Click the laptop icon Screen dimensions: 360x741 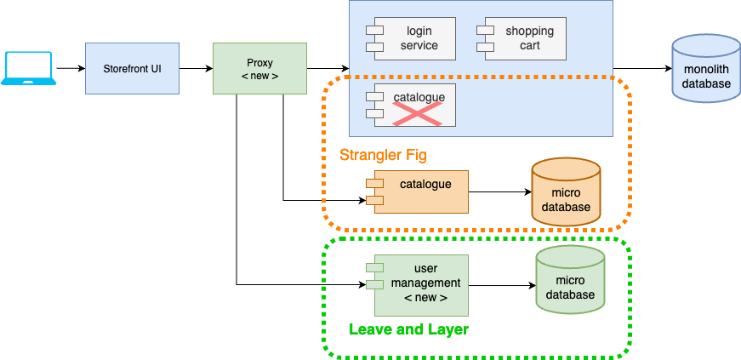[29, 68]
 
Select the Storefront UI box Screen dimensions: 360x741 [132, 68]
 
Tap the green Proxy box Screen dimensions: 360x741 [259, 68]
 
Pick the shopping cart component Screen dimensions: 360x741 [525, 38]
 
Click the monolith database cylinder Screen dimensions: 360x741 [706, 69]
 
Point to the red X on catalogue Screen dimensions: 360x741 [418, 112]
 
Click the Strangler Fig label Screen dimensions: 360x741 [383, 155]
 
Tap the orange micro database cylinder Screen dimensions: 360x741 [566, 192]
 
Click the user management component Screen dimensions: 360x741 [422, 283]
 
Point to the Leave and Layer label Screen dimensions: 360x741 [408, 329]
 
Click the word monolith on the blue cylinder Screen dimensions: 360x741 [706, 71]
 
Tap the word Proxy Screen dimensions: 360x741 [259, 62]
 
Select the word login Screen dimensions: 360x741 [419, 31]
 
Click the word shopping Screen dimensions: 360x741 [529, 31]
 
